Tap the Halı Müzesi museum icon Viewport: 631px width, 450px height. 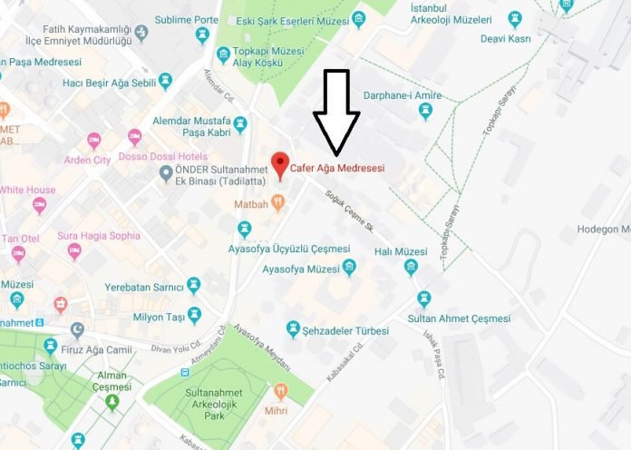pyautogui.click(x=411, y=268)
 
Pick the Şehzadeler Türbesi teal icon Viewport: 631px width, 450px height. pyautogui.click(x=293, y=328)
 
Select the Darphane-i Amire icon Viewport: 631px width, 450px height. pyautogui.click(x=425, y=111)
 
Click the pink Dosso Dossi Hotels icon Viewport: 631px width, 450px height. pyautogui.click(x=135, y=137)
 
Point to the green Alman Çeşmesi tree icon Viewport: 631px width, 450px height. pyautogui.click(x=112, y=402)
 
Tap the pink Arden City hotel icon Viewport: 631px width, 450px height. pyautogui.click(x=93, y=141)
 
